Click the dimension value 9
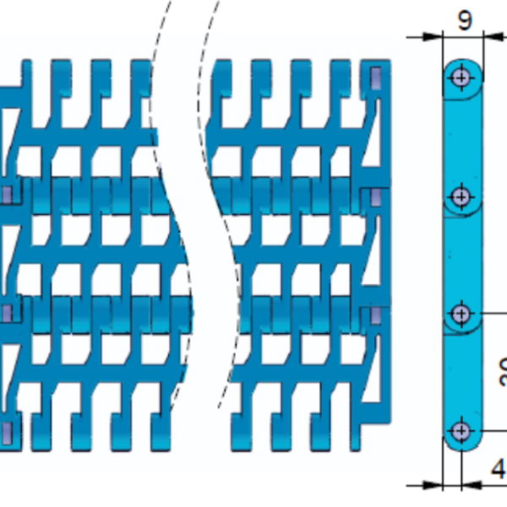(465, 20)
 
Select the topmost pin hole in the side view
(461, 77)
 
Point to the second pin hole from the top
(461, 197)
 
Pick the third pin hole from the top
(461, 313)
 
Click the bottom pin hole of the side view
(461, 432)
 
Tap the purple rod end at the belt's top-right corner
(376, 79)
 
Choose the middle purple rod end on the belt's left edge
(7, 313)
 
